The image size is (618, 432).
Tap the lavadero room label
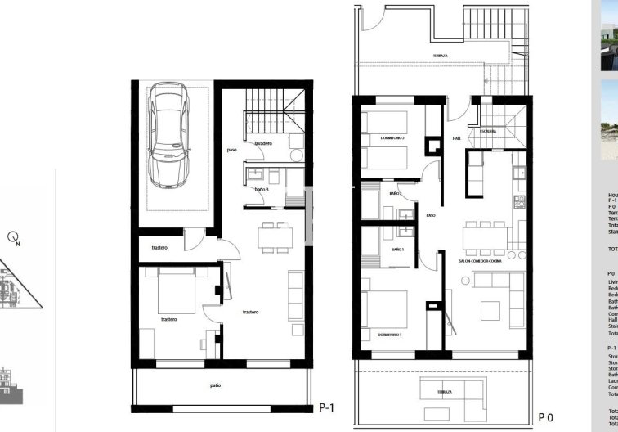(x=262, y=143)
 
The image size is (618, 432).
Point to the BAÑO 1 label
(x=399, y=248)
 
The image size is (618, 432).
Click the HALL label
(x=457, y=139)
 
